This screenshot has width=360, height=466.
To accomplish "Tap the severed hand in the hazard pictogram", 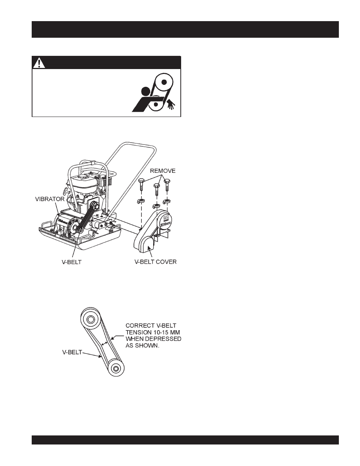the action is coord(171,103).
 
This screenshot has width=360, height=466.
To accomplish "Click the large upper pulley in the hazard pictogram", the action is coord(164,82).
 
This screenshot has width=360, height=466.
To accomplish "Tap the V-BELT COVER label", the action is coord(155,261).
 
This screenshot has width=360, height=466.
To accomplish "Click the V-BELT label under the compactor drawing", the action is coord(72,261).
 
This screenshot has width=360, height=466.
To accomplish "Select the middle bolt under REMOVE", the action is coord(155,189).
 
